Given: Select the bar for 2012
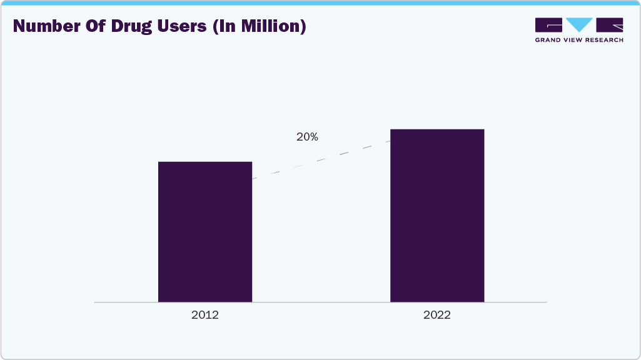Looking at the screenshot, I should coord(205,232).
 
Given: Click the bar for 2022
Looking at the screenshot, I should coord(437,216).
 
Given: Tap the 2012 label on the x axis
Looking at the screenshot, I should coord(205,315).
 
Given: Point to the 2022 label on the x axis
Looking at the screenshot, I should coord(437,315).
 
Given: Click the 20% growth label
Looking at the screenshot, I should coord(307,137).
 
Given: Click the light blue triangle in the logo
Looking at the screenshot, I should coord(579,25).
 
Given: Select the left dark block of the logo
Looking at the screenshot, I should coord(548,25).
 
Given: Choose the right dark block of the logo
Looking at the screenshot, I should coord(610,25).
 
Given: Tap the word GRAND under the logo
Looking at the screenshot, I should coord(548,40).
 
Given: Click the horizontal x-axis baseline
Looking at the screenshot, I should coord(320,302).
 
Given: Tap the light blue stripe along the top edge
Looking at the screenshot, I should coord(320,2).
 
